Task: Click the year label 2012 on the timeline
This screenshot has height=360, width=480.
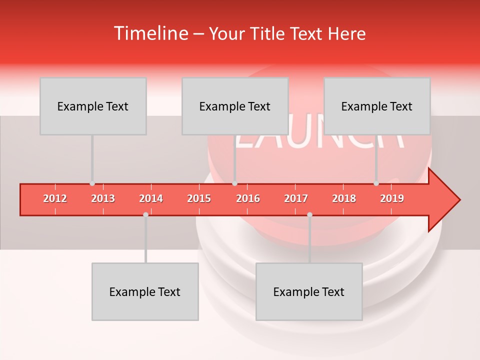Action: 55,198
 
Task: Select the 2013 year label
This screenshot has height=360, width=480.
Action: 103,198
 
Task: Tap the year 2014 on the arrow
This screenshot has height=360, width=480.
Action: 151,198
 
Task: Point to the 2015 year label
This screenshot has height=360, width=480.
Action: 199,198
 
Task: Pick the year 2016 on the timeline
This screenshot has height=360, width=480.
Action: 248,198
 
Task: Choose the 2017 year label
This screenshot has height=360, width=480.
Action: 296,198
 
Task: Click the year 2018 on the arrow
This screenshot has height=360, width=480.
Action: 344,198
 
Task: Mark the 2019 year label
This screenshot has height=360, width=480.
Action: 392,198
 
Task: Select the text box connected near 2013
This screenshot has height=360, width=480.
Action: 93,106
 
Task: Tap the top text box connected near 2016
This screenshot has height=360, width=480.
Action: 235,106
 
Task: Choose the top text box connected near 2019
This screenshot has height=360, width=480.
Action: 377,106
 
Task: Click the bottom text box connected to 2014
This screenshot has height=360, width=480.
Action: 145,291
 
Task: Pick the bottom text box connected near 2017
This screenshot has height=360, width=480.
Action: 309,291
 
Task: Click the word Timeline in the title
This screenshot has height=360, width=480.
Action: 150,33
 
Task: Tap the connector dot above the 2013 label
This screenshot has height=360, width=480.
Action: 92,183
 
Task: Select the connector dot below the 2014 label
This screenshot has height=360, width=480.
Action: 145,214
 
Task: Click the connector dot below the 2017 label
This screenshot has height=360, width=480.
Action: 309,214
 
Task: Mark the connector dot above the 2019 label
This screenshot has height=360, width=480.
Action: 376,183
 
